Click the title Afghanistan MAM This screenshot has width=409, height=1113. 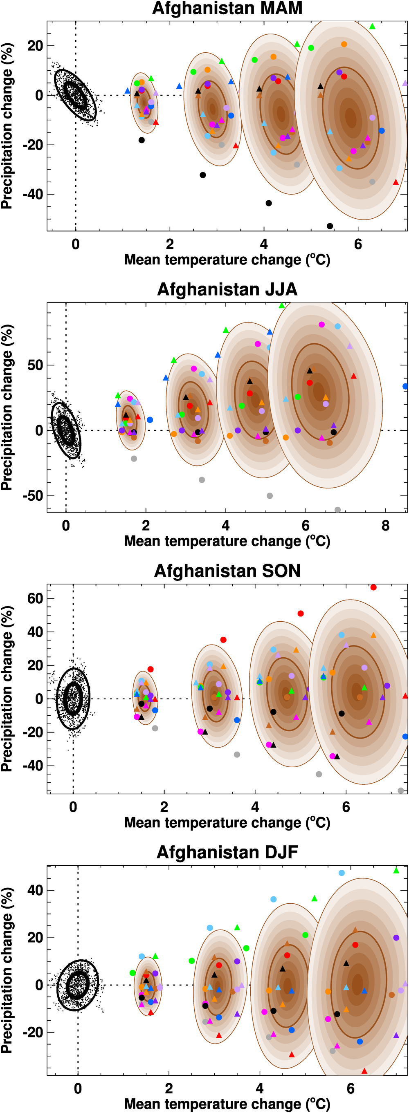click(227, 8)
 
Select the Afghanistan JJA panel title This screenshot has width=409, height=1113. click(227, 289)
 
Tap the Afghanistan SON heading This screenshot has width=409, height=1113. click(227, 571)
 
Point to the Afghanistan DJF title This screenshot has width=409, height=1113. click(227, 852)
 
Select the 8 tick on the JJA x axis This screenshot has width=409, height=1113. click(385, 526)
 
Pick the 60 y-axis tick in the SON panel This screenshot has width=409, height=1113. click(35, 598)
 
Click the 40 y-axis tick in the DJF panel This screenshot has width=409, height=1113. click(35, 890)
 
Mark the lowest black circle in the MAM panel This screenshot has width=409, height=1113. click(330, 226)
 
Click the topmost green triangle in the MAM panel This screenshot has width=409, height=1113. click(372, 26)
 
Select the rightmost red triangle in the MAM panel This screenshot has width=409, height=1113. click(396, 182)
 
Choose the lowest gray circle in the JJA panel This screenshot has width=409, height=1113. click(338, 510)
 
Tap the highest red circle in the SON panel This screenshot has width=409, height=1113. click(373, 587)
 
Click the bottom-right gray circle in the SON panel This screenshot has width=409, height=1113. click(401, 791)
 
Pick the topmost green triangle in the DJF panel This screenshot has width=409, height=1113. click(396, 871)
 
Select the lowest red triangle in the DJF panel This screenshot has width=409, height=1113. click(364, 1070)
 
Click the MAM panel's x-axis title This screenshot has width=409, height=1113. click(227, 260)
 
